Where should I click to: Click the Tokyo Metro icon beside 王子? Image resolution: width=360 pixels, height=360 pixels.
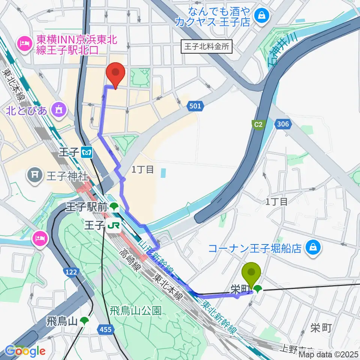87,152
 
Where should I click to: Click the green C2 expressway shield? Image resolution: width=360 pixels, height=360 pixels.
258,124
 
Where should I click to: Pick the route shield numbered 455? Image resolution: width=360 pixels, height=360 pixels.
105,329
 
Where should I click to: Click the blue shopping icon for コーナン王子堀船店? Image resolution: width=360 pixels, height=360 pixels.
312,247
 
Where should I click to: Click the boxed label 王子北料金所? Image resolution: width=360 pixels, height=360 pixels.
207,46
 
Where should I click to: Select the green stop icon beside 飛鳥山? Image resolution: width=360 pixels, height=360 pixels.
85,321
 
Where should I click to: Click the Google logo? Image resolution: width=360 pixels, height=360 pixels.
25,351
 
